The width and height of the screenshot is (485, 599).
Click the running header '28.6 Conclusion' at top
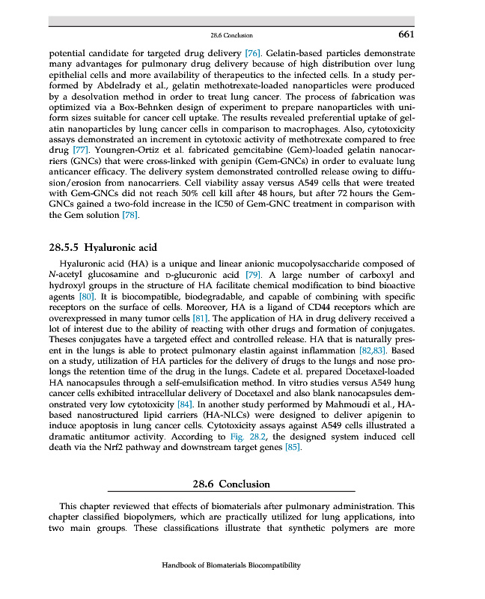coord(232,36)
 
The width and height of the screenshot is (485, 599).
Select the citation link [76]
coord(253,55)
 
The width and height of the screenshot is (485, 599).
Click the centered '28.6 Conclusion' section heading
coord(231,484)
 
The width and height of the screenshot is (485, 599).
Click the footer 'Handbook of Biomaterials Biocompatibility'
coord(231,565)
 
